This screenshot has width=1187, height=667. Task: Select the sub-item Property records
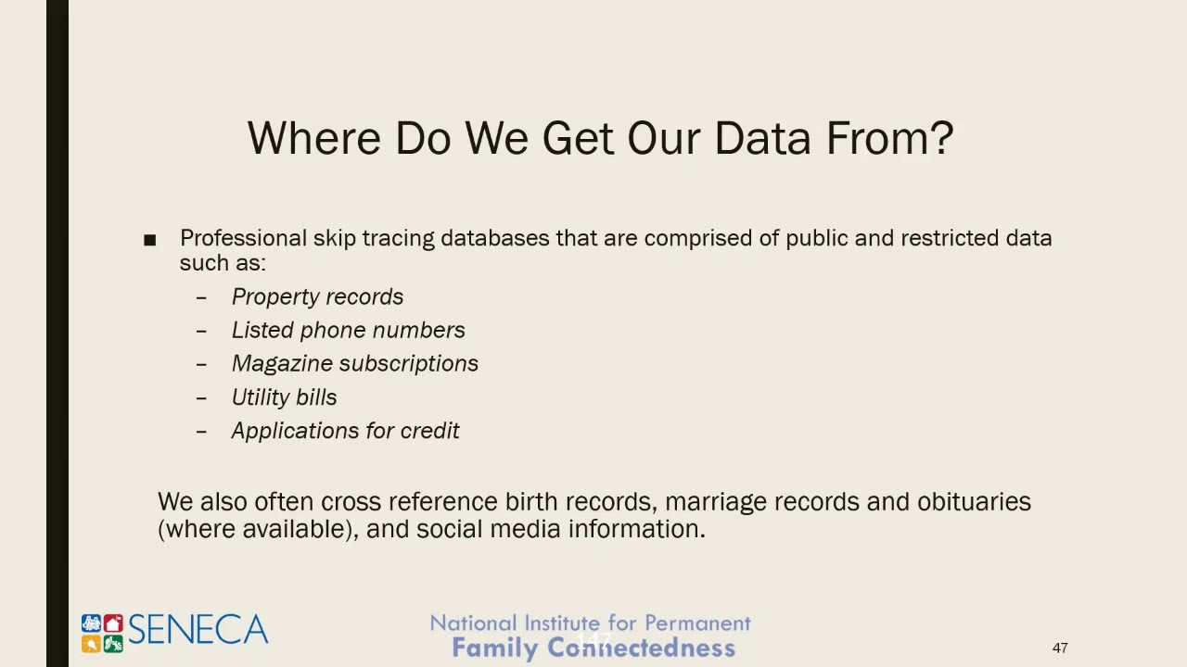317,296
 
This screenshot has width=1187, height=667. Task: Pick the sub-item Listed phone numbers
348,330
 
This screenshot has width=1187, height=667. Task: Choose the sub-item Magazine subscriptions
354,363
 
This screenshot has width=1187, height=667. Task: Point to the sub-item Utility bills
284,397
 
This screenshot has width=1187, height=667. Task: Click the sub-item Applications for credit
345,431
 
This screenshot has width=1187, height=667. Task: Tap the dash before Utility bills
201,397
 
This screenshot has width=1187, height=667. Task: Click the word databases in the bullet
494,238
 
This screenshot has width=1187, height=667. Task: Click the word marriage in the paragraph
716,501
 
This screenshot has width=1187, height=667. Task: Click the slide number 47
1060,648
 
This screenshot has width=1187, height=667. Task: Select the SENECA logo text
198,631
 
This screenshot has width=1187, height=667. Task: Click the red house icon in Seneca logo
113,623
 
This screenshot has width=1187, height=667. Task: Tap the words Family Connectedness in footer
593,648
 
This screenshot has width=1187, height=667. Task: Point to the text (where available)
257,529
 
